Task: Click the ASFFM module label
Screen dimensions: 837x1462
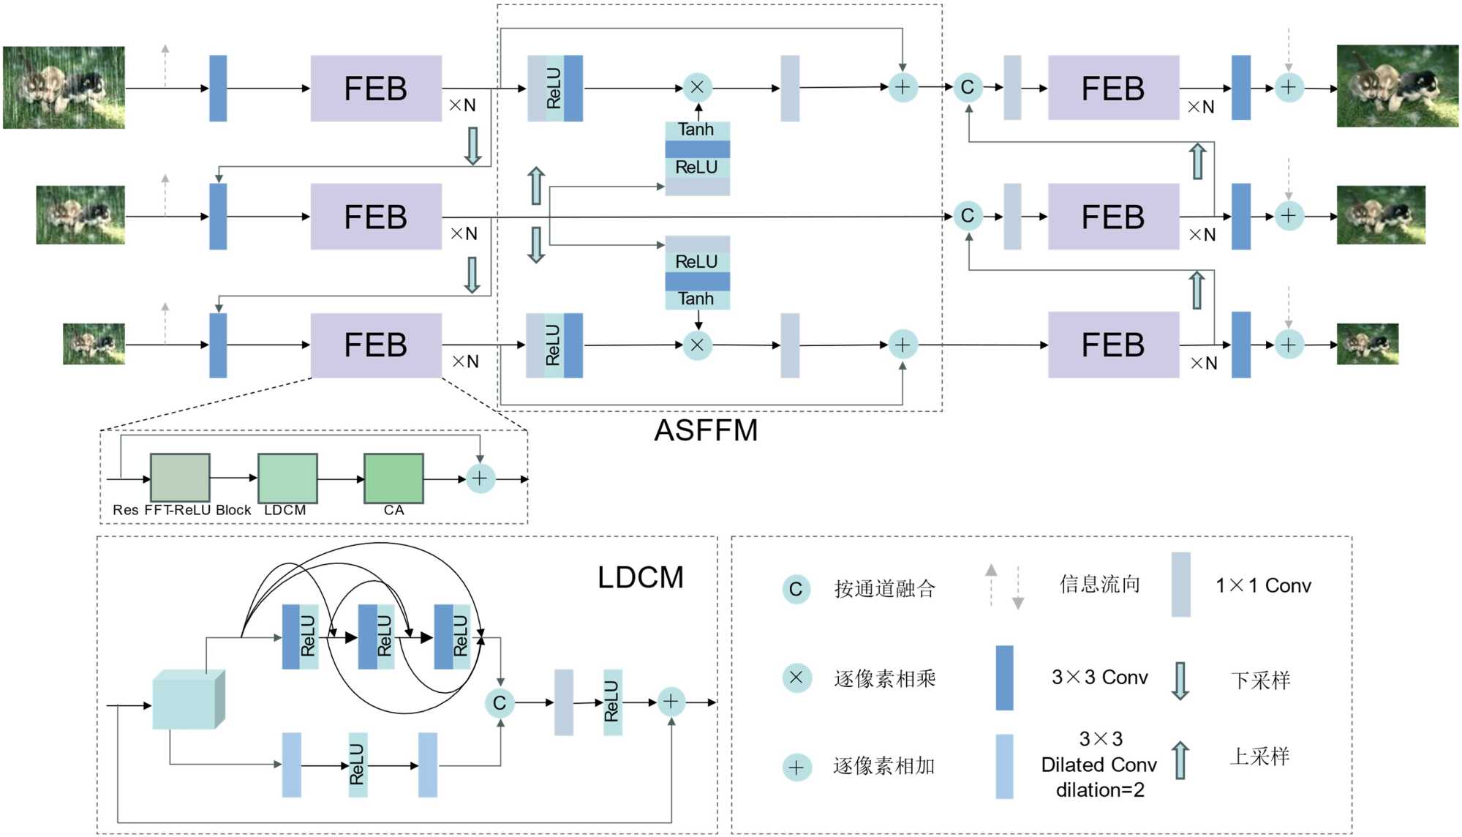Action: [x=706, y=430]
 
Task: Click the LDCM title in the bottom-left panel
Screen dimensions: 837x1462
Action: [x=641, y=577]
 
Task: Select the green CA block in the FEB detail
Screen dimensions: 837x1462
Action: [x=393, y=478]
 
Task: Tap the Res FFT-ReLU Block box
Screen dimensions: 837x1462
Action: [x=180, y=478]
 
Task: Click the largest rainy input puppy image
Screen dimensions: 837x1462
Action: [x=64, y=88]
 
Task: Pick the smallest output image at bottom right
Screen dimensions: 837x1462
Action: [x=1367, y=344]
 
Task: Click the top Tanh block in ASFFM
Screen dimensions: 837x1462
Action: [x=696, y=130]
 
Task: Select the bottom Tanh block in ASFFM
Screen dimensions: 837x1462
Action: [x=696, y=299]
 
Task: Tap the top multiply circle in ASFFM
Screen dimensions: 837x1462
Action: [x=697, y=87]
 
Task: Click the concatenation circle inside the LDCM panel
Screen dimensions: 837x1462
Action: [x=500, y=703]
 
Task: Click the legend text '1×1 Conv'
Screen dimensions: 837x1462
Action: [x=1263, y=585]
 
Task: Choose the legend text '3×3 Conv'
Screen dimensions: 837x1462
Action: [x=1099, y=678]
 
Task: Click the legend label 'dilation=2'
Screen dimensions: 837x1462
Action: [x=1099, y=790]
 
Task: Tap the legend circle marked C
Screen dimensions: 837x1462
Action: [x=796, y=589]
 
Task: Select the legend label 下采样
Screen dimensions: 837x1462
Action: [x=1260, y=680]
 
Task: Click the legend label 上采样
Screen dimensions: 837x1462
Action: [x=1260, y=757]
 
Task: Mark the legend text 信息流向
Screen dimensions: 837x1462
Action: [x=1099, y=584]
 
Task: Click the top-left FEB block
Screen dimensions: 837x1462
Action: [x=376, y=89]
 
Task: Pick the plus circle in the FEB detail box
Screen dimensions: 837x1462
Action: [x=480, y=478]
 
